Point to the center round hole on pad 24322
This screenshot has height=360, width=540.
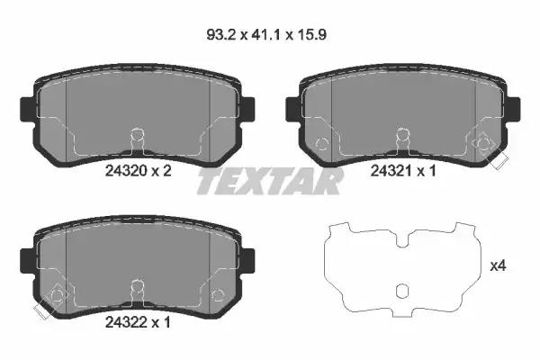click(137, 289)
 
